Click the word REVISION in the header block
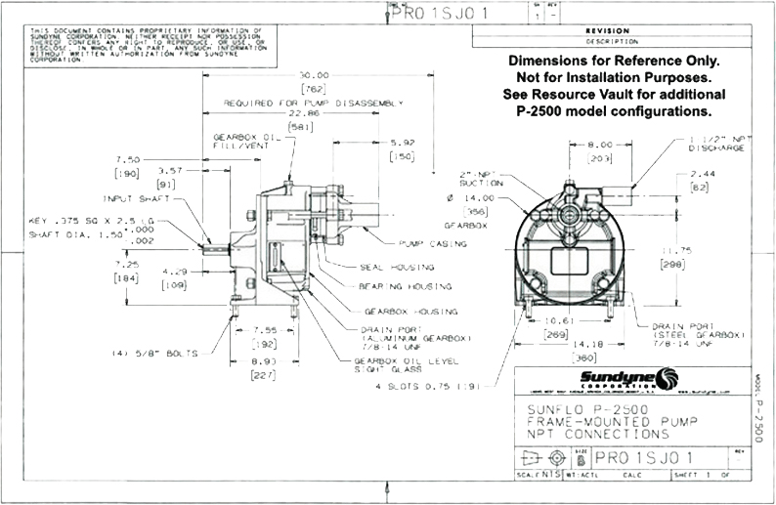[625, 30]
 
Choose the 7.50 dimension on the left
[128, 158]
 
